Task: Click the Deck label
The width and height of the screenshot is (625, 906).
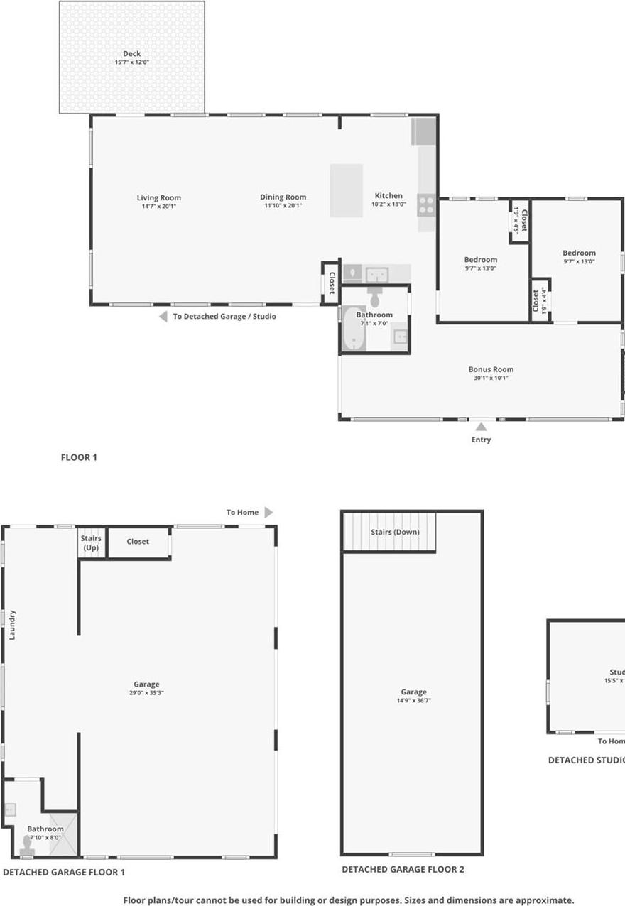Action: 131,54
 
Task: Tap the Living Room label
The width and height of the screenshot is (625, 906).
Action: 159,198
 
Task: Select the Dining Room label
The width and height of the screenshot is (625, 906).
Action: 283,197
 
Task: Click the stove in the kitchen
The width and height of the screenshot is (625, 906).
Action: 426,205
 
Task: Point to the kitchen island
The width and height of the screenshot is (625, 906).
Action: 346,190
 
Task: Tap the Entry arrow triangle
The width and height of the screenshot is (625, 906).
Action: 481,427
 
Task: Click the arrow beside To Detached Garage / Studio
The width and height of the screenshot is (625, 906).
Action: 163,317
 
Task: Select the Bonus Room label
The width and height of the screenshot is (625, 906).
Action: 490,369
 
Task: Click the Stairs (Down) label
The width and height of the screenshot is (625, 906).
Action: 395,532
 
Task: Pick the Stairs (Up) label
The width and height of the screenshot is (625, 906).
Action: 92,542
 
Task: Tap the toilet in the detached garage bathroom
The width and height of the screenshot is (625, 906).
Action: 28,844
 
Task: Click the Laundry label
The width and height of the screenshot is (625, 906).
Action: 12,625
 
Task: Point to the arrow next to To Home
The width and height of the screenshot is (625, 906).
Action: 268,512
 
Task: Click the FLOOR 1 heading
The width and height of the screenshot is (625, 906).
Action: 79,457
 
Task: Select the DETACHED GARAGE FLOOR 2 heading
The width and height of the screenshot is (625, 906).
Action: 403,869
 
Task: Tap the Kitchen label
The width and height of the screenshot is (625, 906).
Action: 388,196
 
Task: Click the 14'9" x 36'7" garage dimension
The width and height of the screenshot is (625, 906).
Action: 413,700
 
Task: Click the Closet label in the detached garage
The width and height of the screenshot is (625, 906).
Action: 138,542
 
